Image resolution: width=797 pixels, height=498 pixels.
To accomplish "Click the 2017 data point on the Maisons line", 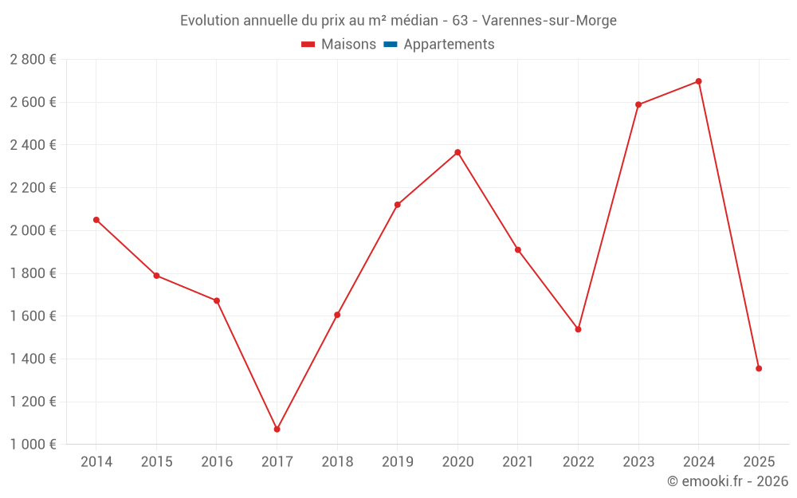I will (x=277, y=429).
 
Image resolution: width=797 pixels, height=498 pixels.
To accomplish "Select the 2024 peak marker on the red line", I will (x=698, y=81).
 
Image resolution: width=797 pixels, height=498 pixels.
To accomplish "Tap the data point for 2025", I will (x=759, y=368).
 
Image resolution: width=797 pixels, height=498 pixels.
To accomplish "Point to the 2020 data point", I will (x=457, y=152).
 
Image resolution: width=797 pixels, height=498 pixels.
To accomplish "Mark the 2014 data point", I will (x=96, y=220).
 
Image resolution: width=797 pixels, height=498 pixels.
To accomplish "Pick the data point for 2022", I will (x=578, y=329).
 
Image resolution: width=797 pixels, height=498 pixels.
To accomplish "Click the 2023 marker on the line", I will (x=638, y=104).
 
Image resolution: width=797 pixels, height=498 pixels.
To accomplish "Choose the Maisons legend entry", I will (x=339, y=45).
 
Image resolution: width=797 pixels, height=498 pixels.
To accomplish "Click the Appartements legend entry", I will (x=448, y=45).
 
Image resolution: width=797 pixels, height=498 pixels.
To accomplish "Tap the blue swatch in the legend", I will (x=391, y=45).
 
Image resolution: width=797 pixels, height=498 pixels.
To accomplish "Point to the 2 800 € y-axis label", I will (x=33, y=60).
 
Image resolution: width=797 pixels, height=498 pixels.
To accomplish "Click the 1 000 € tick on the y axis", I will (x=33, y=445).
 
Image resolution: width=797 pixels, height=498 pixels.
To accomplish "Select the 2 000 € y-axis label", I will (x=33, y=230).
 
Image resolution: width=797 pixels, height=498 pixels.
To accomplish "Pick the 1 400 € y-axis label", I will (x=33, y=359).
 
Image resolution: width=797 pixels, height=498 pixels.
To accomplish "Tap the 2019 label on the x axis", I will (x=397, y=462).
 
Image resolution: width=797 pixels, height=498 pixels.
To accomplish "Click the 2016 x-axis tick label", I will (x=217, y=462).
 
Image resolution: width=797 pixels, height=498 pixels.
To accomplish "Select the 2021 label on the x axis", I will (x=517, y=462).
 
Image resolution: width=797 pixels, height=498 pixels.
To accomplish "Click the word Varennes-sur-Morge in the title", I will (x=549, y=21).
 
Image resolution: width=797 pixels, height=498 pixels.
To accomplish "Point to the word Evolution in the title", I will (x=210, y=21).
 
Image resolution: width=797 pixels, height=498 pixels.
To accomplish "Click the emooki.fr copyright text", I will (x=728, y=481).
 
